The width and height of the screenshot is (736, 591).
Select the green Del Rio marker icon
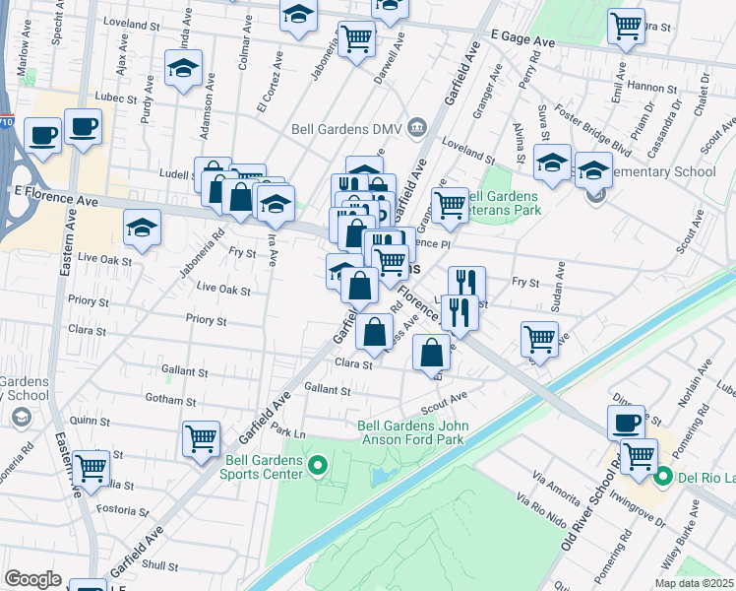click(x=663, y=478)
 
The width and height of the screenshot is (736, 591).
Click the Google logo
click(x=32, y=579)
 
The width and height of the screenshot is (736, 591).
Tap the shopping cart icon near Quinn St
click(x=201, y=437)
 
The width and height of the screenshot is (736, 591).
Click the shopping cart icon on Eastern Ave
click(x=91, y=468)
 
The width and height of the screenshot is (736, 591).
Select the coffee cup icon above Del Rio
click(x=626, y=423)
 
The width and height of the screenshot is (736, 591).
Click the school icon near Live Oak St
click(x=143, y=229)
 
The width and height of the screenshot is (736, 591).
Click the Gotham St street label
click(x=169, y=401)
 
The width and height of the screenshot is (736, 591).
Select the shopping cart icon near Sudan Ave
click(x=539, y=339)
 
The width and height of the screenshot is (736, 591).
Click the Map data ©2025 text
click(x=693, y=583)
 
